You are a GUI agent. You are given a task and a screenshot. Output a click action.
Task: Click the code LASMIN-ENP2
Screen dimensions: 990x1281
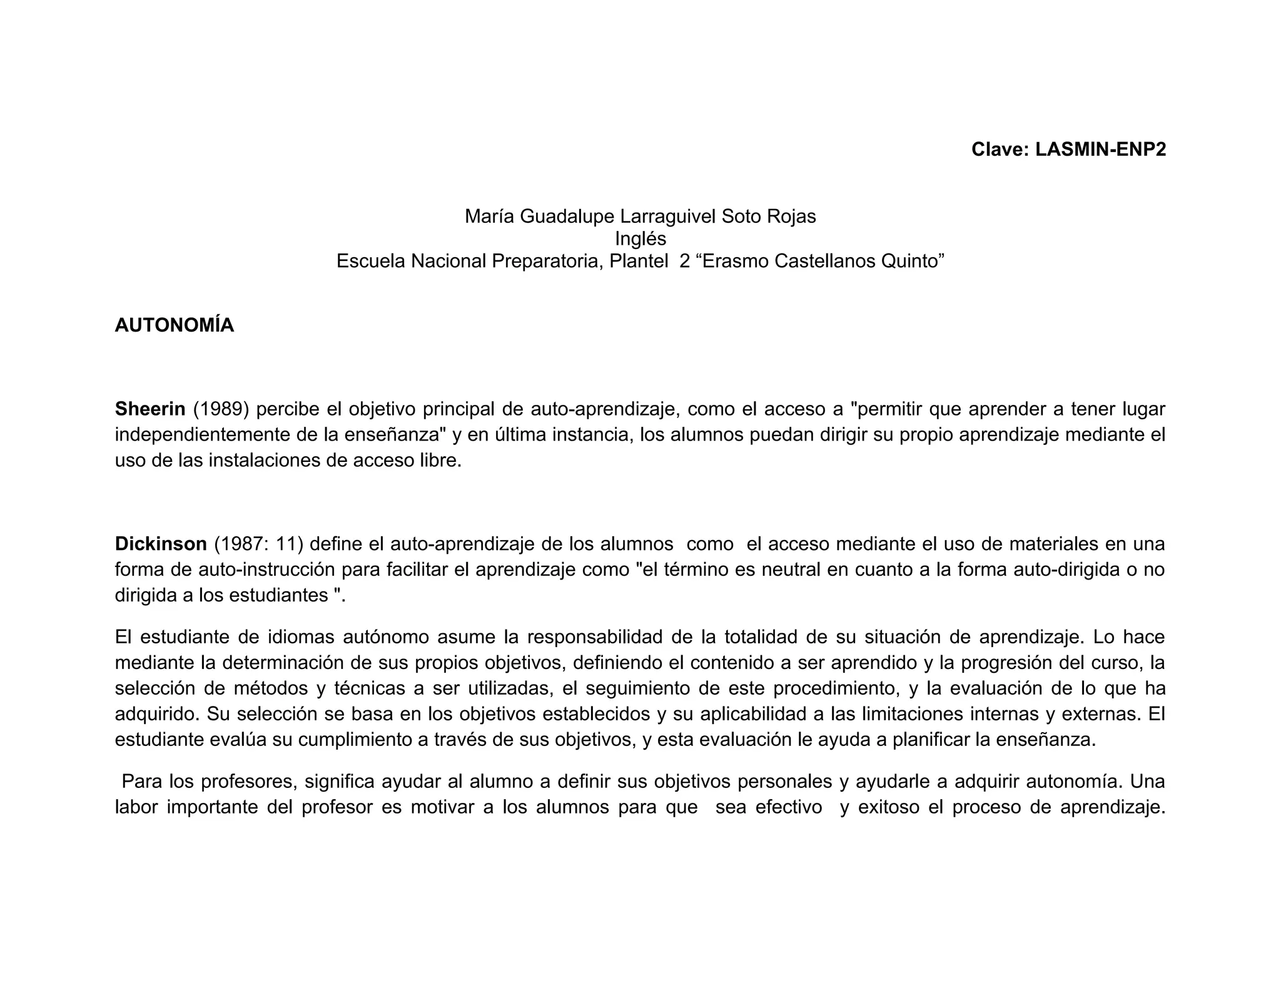click(1100, 150)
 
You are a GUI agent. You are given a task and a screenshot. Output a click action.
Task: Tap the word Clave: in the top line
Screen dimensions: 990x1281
click(1000, 150)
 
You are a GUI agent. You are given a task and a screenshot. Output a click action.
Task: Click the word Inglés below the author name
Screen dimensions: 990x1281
click(640, 238)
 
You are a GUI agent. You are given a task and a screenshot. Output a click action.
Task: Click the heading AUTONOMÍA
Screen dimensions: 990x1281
click(175, 325)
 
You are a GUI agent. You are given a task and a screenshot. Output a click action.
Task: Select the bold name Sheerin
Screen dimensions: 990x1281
click(150, 409)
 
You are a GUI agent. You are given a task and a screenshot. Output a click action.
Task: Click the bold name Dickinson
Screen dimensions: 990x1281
click(161, 544)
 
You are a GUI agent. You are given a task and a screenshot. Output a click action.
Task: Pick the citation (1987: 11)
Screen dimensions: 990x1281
click(258, 544)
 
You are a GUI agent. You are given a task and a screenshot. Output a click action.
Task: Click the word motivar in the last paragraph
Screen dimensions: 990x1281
click(442, 808)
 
